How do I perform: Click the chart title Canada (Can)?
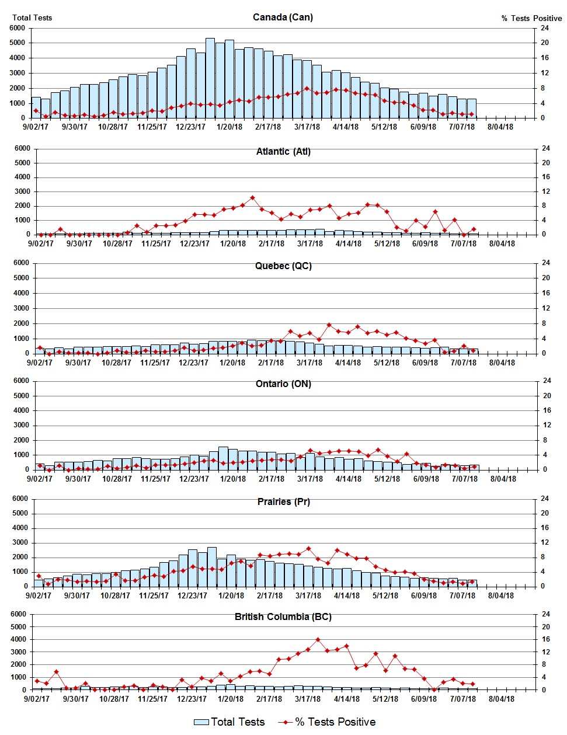(283, 17)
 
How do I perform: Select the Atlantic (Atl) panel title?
(283, 151)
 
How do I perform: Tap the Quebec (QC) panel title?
(283, 266)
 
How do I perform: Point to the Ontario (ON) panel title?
(283, 384)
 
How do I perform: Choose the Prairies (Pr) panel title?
(283, 501)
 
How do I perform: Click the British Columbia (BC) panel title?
(283, 616)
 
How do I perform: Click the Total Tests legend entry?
(230, 722)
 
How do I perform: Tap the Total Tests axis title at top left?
(32, 18)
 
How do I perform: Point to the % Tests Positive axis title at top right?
(531, 18)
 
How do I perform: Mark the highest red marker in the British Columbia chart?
(318, 640)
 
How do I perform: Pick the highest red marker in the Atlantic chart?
(252, 198)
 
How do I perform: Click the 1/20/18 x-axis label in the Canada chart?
(229, 127)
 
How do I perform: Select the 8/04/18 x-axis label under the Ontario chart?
(503, 479)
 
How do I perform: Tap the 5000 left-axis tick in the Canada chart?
(18, 43)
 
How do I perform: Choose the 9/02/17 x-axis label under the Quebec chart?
(39, 363)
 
